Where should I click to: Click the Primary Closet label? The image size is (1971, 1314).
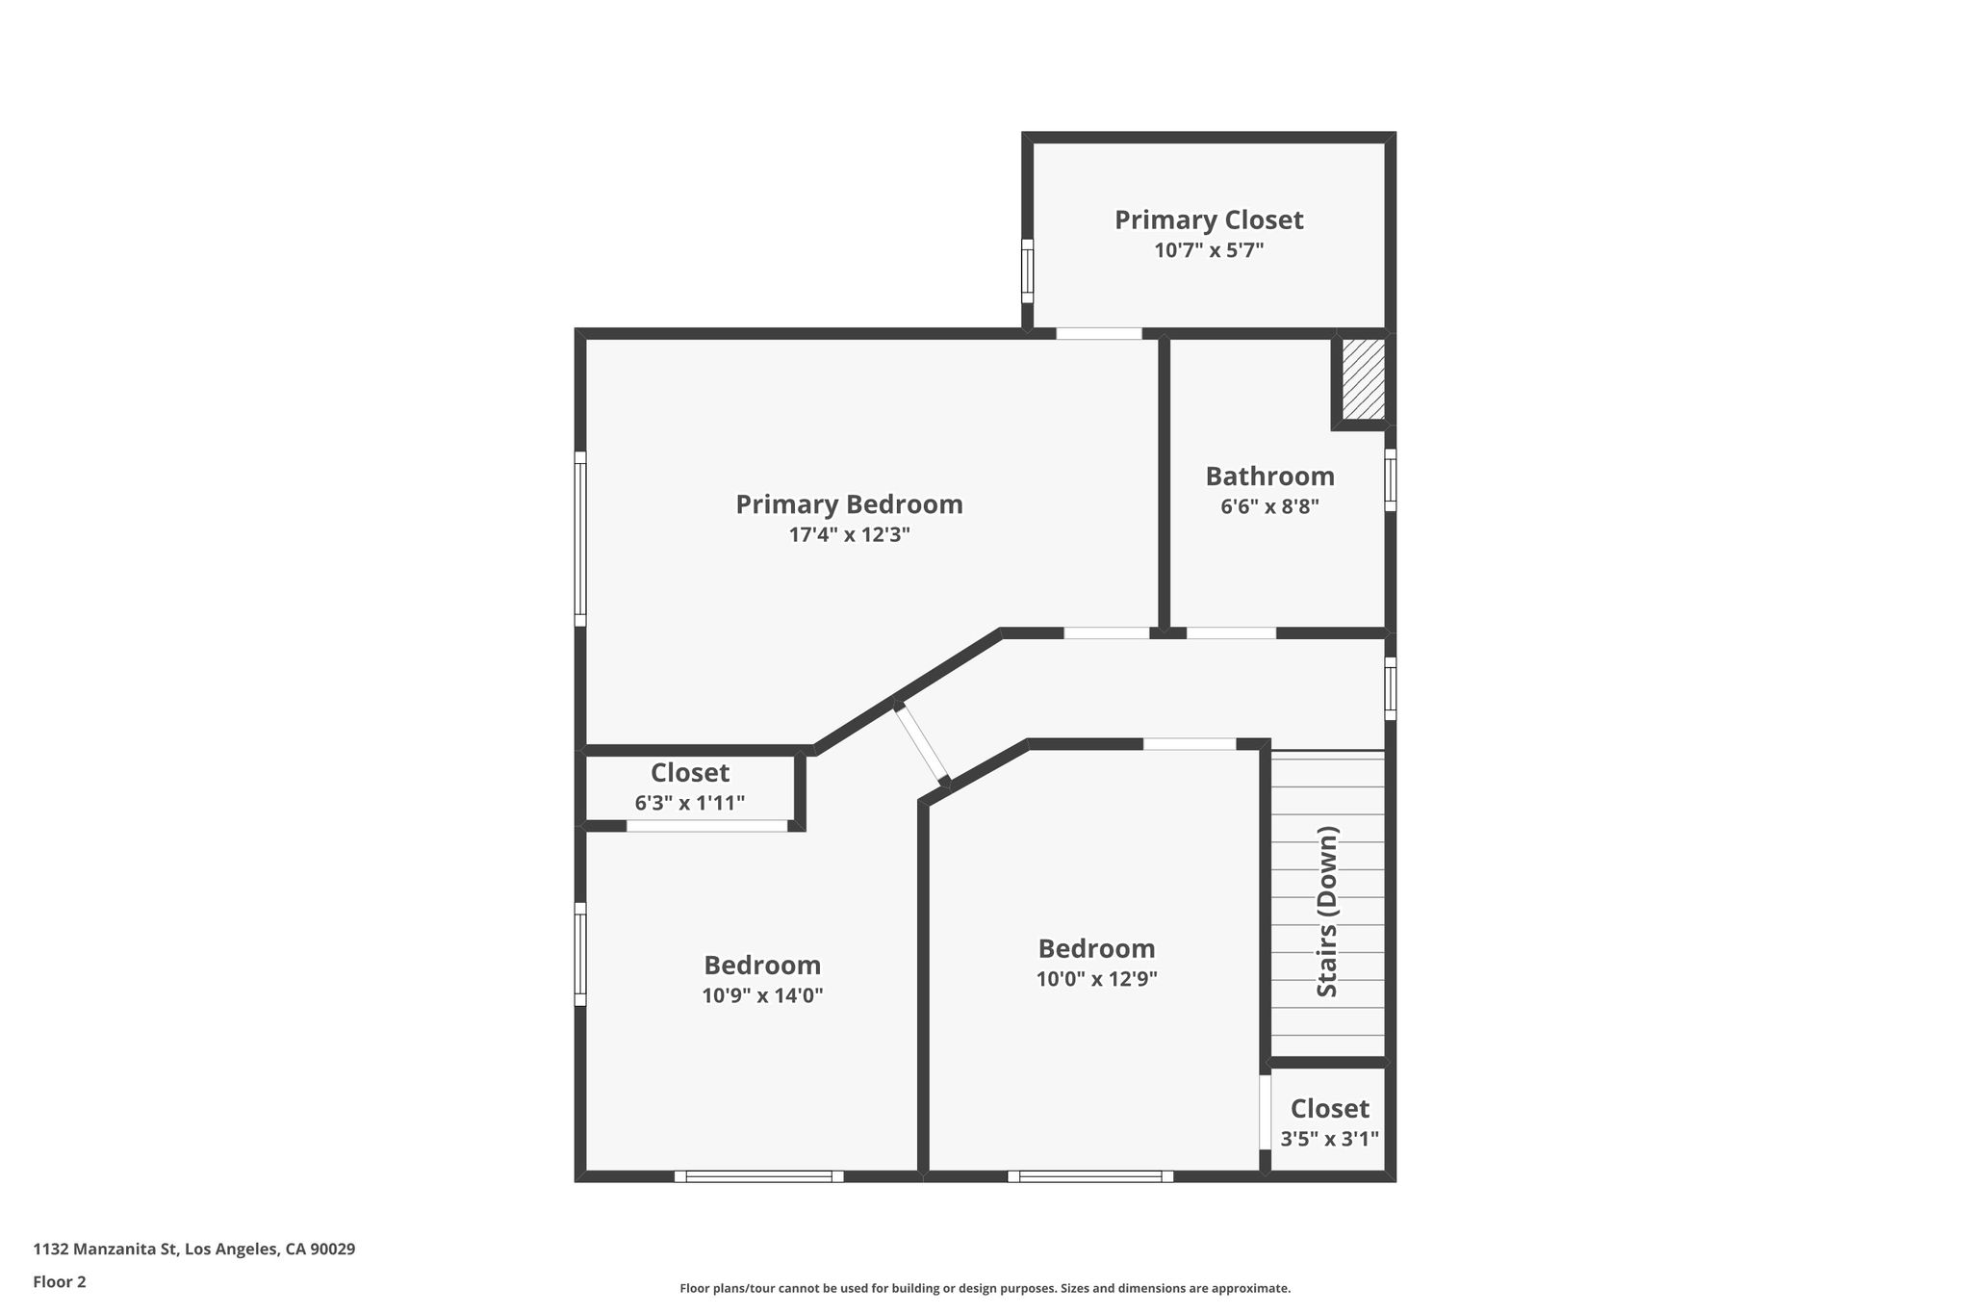tap(1209, 220)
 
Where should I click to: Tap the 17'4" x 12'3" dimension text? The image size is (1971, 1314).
tap(849, 534)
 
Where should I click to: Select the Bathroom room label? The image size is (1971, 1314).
tap(1269, 477)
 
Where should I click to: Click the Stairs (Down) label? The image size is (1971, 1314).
tap(1327, 911)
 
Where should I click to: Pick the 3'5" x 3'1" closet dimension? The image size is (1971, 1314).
tap(1329, 1139)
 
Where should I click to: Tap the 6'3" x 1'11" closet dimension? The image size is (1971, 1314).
tap(689, 803)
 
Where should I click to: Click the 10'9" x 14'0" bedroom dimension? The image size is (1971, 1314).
tap(762, 995)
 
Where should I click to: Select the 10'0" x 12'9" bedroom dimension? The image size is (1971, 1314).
tap(1096, 979)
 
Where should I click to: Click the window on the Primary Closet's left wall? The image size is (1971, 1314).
tap(1027, 271)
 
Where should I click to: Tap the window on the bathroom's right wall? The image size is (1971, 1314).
tap(1391, 479)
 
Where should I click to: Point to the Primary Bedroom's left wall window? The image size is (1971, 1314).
tap(580, 539)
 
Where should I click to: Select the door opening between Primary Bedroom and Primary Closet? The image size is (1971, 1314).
tap(1099, 333)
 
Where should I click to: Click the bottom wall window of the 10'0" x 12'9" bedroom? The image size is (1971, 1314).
tap(1090, 1175)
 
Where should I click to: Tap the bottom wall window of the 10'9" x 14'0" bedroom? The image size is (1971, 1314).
tap(758, 1175)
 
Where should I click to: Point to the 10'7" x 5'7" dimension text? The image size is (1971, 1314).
tap(1209, 250)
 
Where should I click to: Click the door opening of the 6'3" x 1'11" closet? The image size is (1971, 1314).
tap(707, 825)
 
